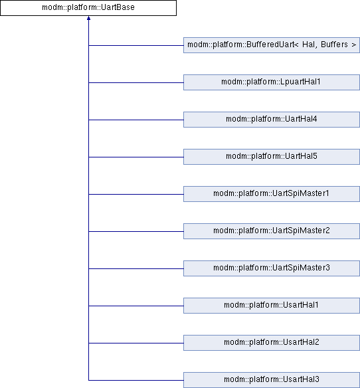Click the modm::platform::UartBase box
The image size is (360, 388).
pyautogui.click(x=88, y=8)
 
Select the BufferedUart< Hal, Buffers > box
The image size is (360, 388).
pyautogui.click(x=272, y=45)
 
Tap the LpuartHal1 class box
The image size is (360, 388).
pyautogui.click(x=272, y=82)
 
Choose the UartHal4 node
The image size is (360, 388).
pyautogui.click(x=272, y=120)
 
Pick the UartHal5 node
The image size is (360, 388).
pyautogui.click(x=272, y=157)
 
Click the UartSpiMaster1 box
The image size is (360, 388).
pyautogui.click(x=272, y=194)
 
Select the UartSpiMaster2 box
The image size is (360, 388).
pyautogui.click(x=272, y=231)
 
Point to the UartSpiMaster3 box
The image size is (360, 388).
pyautogui.click(x=272, y=268)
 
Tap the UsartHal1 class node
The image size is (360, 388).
pyautogui.click(x=272, y=306)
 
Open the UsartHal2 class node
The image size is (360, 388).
pyautogui.click(x=272, y=343)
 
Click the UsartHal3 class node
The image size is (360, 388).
pyautogui.click(x=272, y=380)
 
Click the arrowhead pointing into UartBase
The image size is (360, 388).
pyautogui.click(x=88, y=18)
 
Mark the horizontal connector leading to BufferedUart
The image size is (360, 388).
pyautogui.click(x=136, y=46)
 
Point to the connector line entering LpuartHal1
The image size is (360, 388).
pyautogui.click(x=136, y=82)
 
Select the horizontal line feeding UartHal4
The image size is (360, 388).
pyautogui.click(x=136, y=120)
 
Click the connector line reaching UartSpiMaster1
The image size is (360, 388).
pyautogui.click(x=136, y=194)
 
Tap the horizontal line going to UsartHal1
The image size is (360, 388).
pyautogui.click(x=136, y=306)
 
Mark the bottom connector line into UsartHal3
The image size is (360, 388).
pyautogui.click(x=136, y=380)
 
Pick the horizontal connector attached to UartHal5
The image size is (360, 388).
pyautogui.click(x=136, y=157)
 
